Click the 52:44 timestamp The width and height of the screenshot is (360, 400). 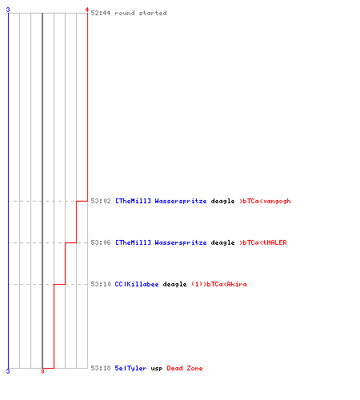tap(101, 13)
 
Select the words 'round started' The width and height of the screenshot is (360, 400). tap(141, 13)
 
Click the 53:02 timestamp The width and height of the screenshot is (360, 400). tap(101, 201)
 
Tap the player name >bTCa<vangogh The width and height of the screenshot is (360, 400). tap(265, 201)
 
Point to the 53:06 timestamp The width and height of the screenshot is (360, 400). tap(101, 242)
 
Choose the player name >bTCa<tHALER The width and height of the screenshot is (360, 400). tap(263, 242)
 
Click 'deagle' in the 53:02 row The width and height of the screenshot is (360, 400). tap(222, 202)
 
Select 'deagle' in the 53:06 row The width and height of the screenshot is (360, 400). tap(222, 243)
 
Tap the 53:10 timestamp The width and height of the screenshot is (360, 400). tap(101, 284)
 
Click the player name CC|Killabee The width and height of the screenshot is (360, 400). tap(137, 284)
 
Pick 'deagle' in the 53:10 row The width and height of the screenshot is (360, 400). tap(174, 285)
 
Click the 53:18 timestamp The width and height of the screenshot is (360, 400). tap(101, 368)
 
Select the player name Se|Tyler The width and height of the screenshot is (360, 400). tap(130, 368)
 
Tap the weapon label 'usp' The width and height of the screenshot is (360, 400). tap(157, 369)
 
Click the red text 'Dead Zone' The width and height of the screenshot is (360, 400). tap(185, 368)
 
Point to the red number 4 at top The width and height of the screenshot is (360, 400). tap(87, 10)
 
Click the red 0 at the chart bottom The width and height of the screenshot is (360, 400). tap(42, 371)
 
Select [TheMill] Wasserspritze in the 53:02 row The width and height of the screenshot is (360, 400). tap(161, 201)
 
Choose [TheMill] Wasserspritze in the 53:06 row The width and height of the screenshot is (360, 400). tap(161, 242)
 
